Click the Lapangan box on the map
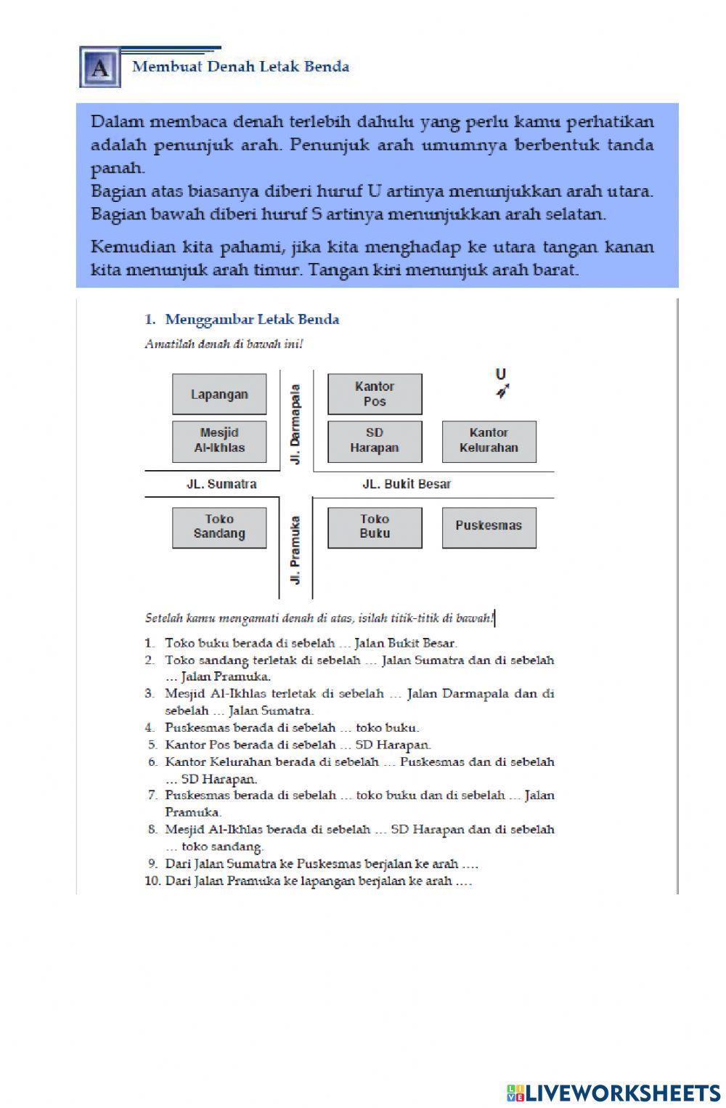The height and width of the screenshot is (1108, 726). (219, 395)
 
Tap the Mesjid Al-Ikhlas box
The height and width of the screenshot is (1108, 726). (219, 441)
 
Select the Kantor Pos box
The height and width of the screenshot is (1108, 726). (375, 395)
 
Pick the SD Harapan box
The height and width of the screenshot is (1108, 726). (375, 441)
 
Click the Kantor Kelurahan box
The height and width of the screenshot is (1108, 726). (489, 441)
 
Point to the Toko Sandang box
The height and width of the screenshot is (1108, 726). (219, 527)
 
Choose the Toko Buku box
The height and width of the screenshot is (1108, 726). (375, 527)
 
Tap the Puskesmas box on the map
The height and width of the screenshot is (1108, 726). (489, 527)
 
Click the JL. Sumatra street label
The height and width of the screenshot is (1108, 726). (221, 484)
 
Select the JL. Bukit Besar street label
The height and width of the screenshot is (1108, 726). (407, 484)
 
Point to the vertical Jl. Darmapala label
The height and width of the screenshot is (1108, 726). (295, 425)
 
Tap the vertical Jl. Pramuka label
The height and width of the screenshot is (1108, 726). (295, 550)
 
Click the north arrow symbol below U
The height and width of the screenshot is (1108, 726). (502, 392)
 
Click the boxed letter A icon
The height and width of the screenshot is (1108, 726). (100, 68)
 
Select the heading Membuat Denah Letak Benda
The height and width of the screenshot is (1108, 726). (240, 67)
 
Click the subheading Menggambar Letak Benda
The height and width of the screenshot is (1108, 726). (252, 319)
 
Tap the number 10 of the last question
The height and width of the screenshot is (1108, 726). (152, 881)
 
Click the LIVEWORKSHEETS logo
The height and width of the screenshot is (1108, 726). (613, 1093)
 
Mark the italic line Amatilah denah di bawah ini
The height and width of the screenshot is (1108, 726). (224, 344)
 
